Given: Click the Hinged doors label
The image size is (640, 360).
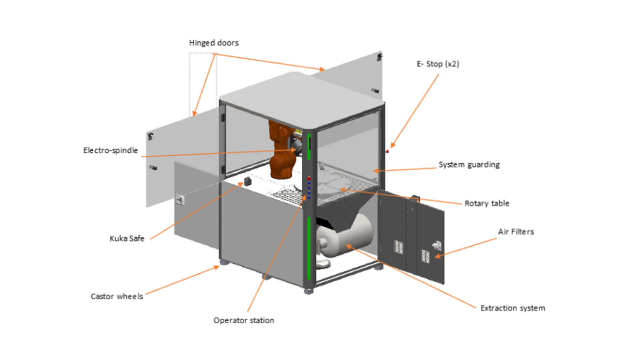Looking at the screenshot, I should coord(214,43).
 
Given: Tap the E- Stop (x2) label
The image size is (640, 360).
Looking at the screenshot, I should coord(438,64).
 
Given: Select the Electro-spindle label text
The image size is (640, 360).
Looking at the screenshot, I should coord(110,151).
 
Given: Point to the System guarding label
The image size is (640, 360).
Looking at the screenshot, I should coord(469,165).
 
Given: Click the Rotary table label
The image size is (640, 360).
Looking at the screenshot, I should coord(487,203).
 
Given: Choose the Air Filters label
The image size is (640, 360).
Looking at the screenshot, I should coord(516,232).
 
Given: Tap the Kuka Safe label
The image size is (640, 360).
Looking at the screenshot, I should coord(127,239).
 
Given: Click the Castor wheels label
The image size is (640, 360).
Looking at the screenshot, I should coord(117,296).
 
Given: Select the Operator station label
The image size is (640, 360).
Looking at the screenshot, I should coord(244,320).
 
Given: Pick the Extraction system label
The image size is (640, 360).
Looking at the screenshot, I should coord(513,308).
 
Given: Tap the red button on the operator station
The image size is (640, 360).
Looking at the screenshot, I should coord(309,179).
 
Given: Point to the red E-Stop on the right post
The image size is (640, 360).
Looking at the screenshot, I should coord(387,152).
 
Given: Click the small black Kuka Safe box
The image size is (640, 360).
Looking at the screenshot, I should coord(248,182).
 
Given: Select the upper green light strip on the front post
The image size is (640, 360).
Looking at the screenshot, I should coord(309,147).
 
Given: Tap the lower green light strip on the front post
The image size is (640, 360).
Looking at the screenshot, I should coord(309,248).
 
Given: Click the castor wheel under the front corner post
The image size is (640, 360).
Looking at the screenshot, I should coord(309,291).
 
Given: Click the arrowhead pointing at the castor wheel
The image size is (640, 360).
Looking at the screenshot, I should coord(217,267).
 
